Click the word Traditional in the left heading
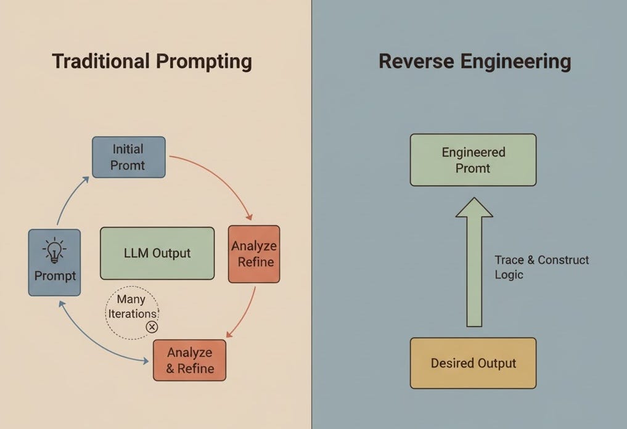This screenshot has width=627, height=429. coord(99,62)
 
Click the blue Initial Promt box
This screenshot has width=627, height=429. coord(128,157)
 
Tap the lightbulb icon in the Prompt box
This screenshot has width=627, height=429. coord(54,250)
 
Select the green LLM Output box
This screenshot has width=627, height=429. coord(157,253)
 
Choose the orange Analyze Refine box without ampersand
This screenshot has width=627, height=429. coord(253,254)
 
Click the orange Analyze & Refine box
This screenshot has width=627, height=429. coord(189,361)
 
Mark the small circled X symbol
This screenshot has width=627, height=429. coord(151,327)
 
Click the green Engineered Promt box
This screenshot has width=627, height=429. coord(473,160)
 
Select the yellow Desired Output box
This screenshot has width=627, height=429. coord(473,363)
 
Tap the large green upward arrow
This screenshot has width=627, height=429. coord(473,265)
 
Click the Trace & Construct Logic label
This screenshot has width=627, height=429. coord(541,267)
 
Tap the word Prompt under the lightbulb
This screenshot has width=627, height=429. coord(55,276)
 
